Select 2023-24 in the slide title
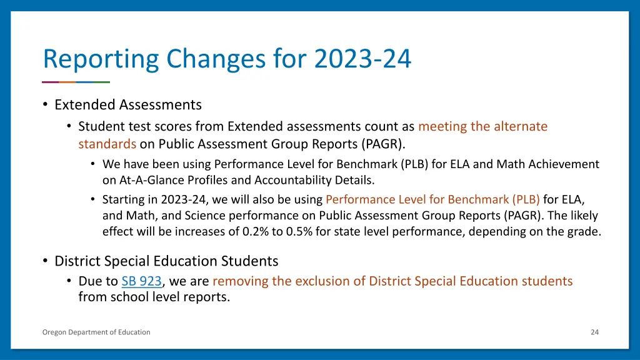point(363,59)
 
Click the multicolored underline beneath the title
point(76,82)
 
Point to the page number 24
point(594,332)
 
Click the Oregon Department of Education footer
point(96,332)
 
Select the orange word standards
point(107,144)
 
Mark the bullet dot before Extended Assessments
point(46,104)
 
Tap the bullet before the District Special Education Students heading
point(46,261)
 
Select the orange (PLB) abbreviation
point(526,200)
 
